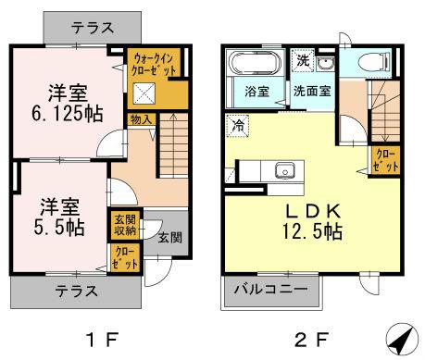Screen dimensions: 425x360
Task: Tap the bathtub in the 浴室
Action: tap(256, 64)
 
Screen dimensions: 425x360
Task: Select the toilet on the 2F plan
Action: tap(374, 61)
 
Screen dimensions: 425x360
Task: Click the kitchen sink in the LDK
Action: tap(285, 170)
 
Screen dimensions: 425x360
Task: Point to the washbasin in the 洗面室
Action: tap(325, 64)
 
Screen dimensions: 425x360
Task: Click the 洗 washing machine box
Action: tap(303, 60)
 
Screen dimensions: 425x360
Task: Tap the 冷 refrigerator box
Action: tap(238, 126)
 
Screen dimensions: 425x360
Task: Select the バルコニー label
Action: tap(270, 290)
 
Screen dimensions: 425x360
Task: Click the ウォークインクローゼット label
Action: tap(154, 64)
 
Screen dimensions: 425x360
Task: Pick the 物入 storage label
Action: tap(141, 119)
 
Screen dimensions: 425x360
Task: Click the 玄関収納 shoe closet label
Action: tap(125, 225)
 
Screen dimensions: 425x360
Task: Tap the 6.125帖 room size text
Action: tap(67, 114)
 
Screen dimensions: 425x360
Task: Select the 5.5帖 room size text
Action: tap(58, 228)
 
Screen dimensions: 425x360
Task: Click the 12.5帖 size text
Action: tap(312, 231)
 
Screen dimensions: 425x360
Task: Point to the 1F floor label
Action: tap(102, 340)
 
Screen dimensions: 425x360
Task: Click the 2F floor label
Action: tap(310, 340)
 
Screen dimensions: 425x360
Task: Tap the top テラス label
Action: tap(93, 29)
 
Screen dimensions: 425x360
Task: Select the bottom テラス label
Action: tap(76, 292)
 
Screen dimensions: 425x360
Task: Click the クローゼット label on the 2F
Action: tap(386, 161)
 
